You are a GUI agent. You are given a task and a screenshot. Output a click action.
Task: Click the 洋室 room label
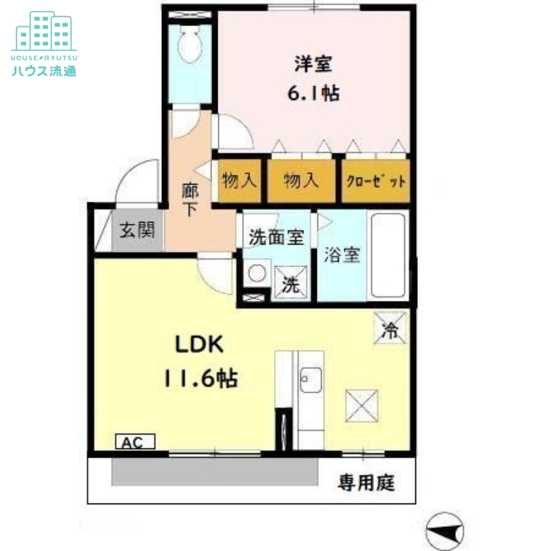314,64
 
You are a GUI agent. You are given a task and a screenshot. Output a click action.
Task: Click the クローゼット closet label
375,182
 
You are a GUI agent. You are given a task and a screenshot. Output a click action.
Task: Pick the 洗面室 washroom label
275,238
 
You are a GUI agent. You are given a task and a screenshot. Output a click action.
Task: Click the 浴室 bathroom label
342,255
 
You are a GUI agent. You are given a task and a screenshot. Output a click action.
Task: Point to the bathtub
389,256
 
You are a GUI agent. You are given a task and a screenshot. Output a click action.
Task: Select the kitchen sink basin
309,380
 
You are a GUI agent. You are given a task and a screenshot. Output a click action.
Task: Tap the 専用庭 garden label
366,483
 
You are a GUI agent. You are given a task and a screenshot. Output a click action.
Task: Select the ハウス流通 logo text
44,70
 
